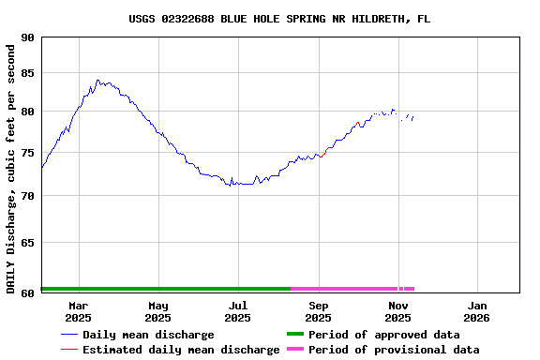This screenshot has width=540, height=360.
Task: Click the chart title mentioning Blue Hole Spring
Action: click(279, 19)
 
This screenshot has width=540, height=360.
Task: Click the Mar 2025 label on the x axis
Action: click(78, 311)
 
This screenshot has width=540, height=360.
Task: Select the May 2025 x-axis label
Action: click(158, 311)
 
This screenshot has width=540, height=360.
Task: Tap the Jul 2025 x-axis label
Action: click(238, 311)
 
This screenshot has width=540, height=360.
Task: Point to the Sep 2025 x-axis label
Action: click(319, 311)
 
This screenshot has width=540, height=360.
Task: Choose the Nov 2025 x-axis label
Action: click(398, 311)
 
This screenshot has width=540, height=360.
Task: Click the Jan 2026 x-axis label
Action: click(477, 311)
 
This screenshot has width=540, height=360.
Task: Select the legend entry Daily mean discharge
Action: click(148, 335)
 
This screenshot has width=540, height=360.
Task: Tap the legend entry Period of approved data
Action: click(383, 335)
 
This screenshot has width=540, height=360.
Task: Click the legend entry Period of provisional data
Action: click(394, 350)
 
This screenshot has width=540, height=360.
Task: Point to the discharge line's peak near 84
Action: click(97, 81)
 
